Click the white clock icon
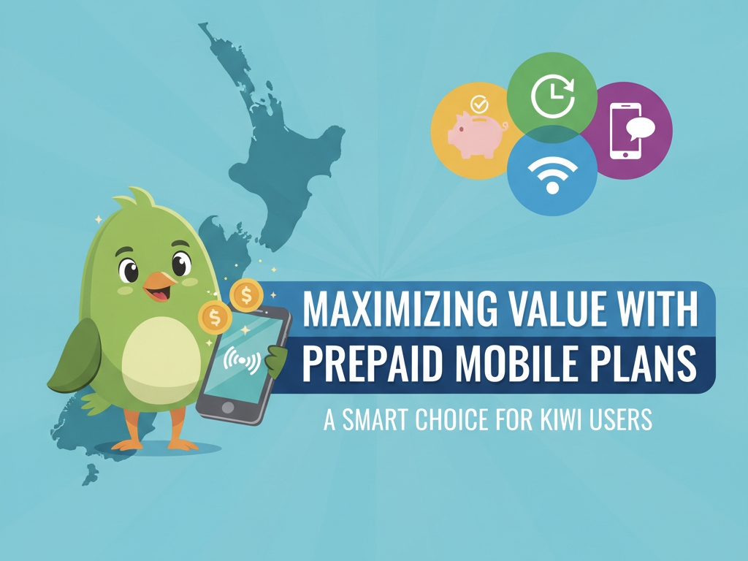pos(552,96)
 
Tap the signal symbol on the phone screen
pos(241,358)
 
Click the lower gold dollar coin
pos(215,318)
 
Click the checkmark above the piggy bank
pos(479,105)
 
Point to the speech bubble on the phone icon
pos(640,129)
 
